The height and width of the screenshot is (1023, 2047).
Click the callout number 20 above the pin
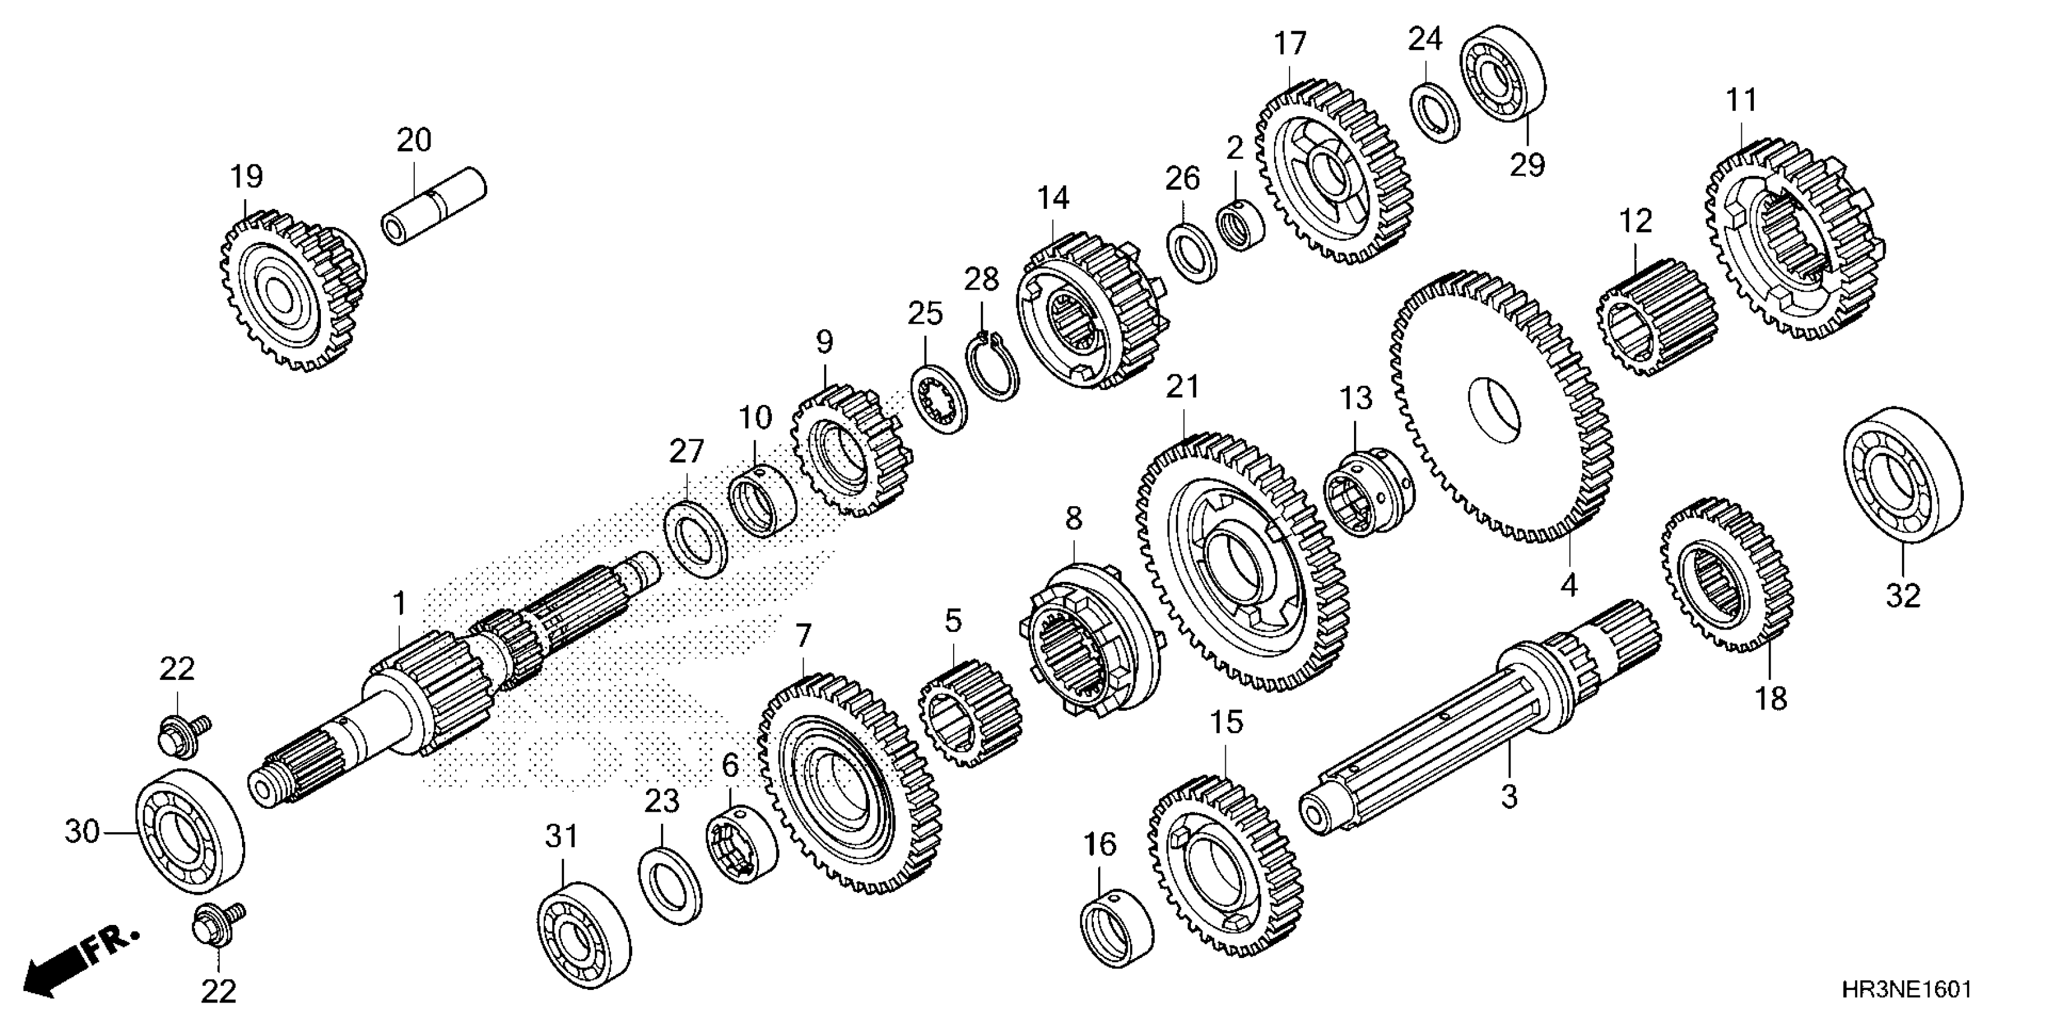point(414,141)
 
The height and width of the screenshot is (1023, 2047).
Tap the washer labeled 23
point(670,885)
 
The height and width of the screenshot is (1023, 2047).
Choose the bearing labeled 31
point(584,934)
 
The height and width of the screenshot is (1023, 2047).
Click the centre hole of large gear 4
point(1493,410)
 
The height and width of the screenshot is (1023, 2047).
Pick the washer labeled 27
point(695,539)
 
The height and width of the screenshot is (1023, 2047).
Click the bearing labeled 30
point(190,832)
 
